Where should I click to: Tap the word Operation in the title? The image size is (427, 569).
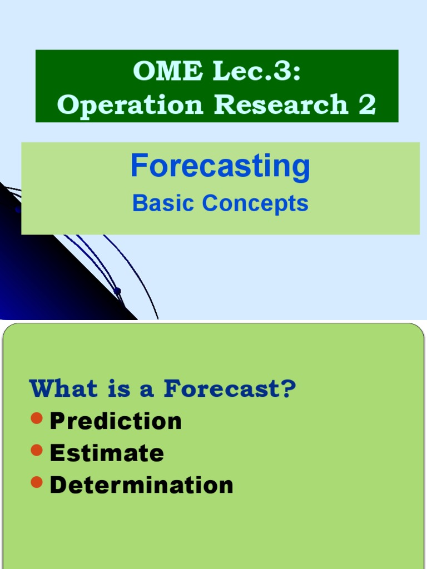click(x=130, y=104)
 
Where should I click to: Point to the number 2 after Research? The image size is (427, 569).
click(x=367, y=104)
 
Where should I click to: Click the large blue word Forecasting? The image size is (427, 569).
click(x=220, y=166)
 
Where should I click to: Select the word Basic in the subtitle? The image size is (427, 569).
click(x=164, y=203)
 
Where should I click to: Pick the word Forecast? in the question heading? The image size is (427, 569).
click(x=230, y=389)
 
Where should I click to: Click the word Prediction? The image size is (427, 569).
click(x=116, y=421)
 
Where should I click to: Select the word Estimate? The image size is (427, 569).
click(x=107, y=453)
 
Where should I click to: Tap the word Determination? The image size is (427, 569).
click(x=141, y=485)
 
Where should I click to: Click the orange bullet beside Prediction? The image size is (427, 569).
click(x=37, y=418)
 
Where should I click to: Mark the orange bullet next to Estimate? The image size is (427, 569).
click(x=37, y=451)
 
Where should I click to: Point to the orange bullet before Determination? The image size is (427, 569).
click(x=37, y=483)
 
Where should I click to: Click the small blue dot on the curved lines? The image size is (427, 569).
click(x=117, y=291)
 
